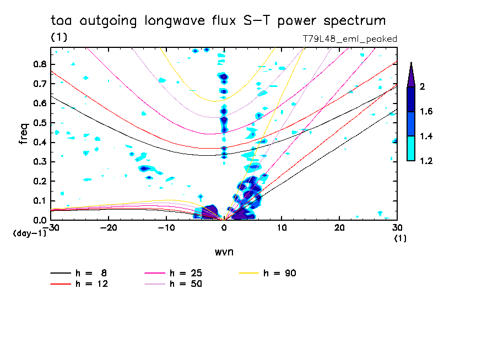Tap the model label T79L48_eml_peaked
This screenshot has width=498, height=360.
click(x=350, y=39)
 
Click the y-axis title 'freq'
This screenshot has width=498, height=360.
click(x=23, y=134)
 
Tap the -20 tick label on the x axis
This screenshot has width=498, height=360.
click(x=109, y=228)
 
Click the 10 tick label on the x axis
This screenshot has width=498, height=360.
click(x=282, y=228)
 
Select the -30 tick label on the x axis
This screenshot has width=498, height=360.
click(x=51, y=228)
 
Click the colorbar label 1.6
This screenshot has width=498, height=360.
click(x=427, y=112)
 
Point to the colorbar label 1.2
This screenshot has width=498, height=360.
click(x=427, y=161)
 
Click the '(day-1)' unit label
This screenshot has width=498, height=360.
click(x=29, y=233)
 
